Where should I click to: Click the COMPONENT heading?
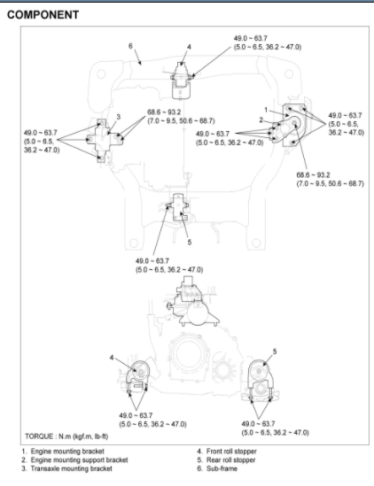click(43, 15)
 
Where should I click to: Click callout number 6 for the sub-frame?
click(130, 46)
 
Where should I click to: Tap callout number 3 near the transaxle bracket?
click(118, 117)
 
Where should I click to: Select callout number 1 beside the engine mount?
click(266, 110)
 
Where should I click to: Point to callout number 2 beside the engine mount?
click(261, 120)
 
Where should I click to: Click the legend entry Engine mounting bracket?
click(67, 451)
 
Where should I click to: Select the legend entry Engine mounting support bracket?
click(79, 460)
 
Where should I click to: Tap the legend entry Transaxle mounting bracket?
click(72, 468)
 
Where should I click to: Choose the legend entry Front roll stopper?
click(231, 451)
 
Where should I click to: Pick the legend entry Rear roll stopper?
click(230, 460)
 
